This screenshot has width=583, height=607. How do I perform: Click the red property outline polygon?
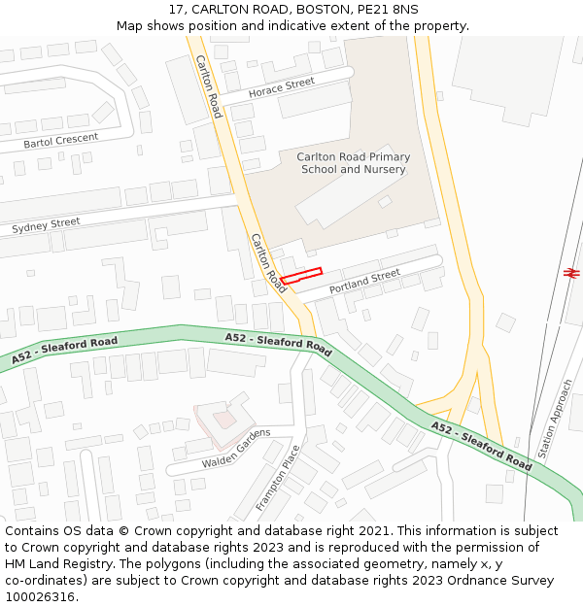[x=301, y=276]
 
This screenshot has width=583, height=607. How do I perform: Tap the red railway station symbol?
[x=571, y=272]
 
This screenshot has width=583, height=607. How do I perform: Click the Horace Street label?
[x=282, y=87]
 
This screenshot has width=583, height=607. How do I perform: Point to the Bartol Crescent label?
[x=61, y=141]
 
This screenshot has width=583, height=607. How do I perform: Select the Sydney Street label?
[x=46, y=225]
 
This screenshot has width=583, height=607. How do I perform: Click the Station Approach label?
[x=555, y=419]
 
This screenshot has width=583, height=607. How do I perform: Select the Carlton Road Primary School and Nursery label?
[x=354, y=162]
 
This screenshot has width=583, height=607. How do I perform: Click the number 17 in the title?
[x=176, y=9]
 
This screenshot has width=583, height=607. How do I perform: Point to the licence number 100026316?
[x=40, y=597]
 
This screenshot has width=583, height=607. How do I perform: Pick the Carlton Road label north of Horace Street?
[x=208, y=85]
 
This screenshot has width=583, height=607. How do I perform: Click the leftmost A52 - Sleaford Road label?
[x=65, y=351]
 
